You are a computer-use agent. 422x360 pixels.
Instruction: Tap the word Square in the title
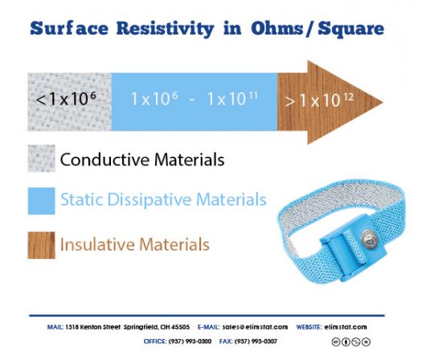tap(345, 30)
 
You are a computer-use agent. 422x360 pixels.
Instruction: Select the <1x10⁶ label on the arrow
tap(68, 100)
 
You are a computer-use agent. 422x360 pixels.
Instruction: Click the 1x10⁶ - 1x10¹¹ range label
tap(192, 100)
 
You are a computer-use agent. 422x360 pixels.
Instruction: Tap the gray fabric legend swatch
tap(41, 159)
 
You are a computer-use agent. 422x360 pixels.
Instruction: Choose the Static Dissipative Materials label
tap(163, 200)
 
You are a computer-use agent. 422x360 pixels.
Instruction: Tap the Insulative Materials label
tap(134, 243)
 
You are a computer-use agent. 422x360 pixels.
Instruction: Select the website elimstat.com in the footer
tap(346, 327)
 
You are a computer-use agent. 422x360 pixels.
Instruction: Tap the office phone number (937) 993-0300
tap(189, 341)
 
